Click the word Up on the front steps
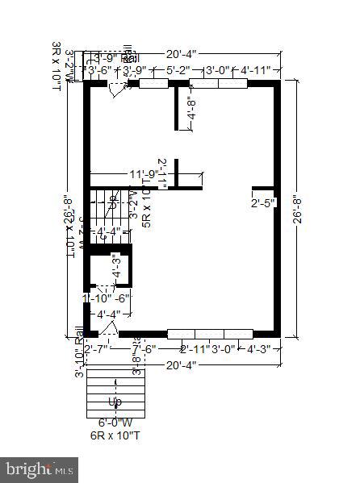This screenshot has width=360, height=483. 115,402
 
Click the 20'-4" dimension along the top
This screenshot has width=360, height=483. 182,55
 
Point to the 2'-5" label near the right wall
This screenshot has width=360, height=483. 264,202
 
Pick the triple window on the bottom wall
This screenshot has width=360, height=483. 210,333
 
